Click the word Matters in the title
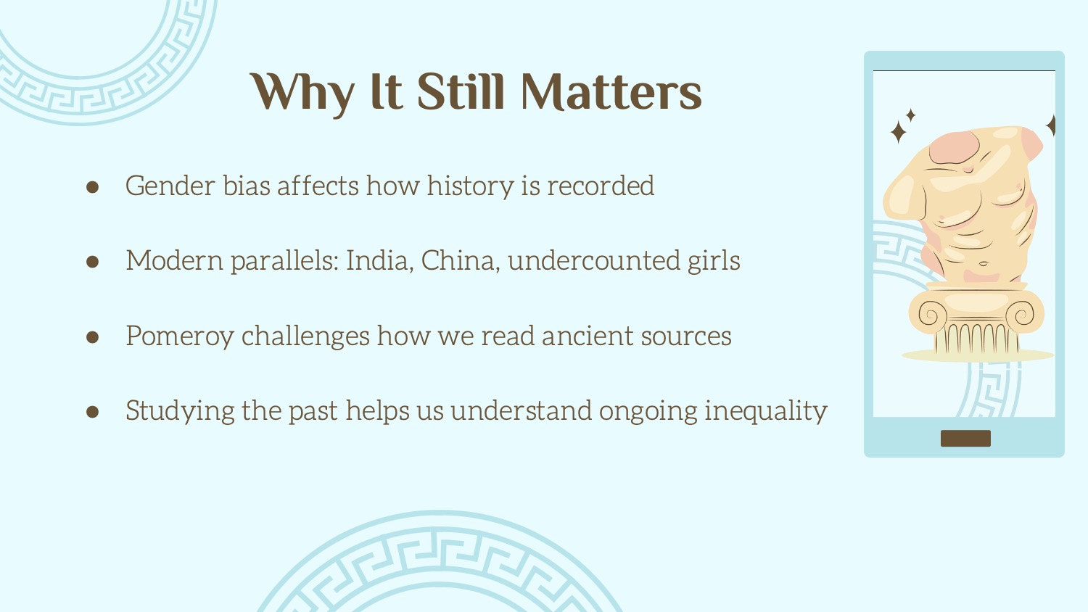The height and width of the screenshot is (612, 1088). tap(611, 92)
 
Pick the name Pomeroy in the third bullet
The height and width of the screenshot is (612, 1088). tap(180, 336)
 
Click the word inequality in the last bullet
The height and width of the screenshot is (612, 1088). tap(765, 411)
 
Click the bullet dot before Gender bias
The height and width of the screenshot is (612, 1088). tap(92, 187)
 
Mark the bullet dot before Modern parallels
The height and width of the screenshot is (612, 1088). tap(92, 262)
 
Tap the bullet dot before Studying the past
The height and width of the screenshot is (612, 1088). tap(92, 412)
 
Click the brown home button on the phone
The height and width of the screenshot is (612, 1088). tap(965, 438)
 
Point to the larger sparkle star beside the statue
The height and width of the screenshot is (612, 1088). tap(898, 132)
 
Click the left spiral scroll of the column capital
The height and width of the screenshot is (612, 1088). tap(928, 315)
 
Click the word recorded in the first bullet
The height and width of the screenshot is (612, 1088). tap(601, 186)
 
